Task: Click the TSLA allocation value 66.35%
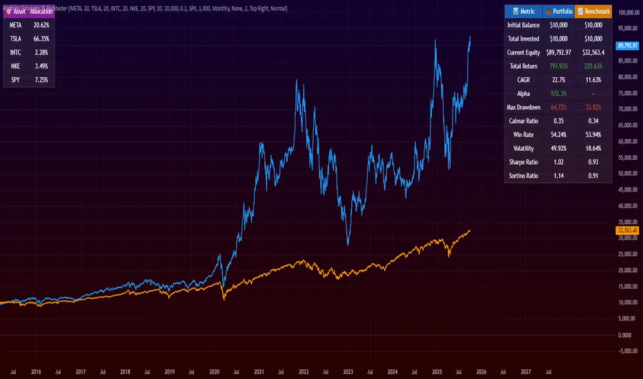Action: [41, 38]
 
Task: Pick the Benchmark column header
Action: [593, 11]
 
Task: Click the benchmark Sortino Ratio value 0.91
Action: [593, 176]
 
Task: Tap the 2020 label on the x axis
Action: [215, 371]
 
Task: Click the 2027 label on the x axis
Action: [526, 371]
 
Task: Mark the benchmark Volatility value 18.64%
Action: [593, 149]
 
